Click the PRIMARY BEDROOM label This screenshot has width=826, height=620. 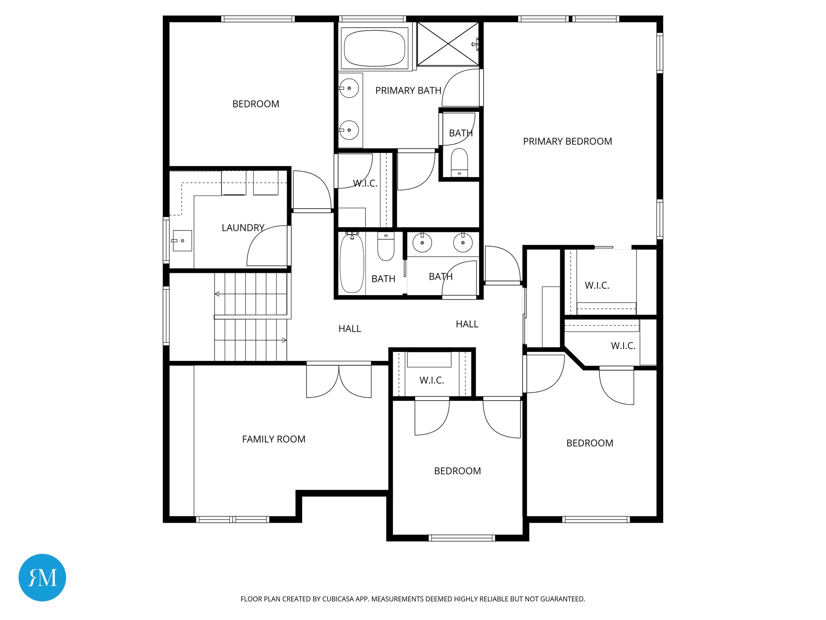[567, 141]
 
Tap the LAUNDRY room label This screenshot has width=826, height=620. [243, 228]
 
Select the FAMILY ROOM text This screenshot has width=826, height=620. [273, 439]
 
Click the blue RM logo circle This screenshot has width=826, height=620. [42, 577]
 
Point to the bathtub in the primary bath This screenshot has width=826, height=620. [375, 48]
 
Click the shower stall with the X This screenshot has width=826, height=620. [448, 44]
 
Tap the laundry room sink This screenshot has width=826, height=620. [182, 241]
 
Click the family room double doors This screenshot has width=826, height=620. [339, 379]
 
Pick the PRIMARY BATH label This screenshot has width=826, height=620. [408, 91]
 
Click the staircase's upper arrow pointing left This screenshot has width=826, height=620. [217, 294]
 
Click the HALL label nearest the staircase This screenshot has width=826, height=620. [350, 329]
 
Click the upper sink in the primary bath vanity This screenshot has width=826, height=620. [349, 88]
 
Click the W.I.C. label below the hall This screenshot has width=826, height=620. [432, 380]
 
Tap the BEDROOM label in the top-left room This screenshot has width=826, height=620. [256, 104]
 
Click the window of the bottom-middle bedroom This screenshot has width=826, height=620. [461, 538]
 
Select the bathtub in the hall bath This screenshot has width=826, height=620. [352, 263]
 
